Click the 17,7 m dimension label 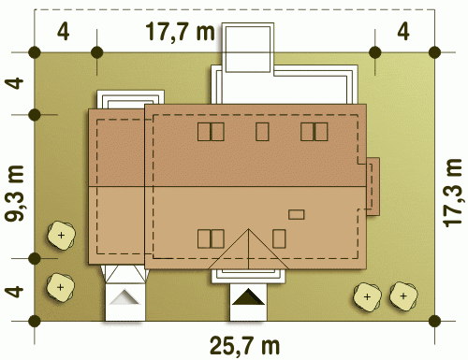181,32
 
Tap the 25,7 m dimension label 244,345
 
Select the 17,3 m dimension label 453,193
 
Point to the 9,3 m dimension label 15,194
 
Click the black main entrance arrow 248,296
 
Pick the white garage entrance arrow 124,296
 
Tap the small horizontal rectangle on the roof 296,214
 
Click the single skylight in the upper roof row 262,132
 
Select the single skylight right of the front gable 279,238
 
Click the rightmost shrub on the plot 403,296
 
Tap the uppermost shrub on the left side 62,236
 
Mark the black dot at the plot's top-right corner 434,52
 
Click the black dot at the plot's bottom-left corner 35,321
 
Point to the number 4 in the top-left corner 63,32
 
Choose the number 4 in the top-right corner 403,32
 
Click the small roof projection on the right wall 373,186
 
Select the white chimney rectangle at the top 248,49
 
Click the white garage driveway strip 124,302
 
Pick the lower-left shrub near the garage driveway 61,287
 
